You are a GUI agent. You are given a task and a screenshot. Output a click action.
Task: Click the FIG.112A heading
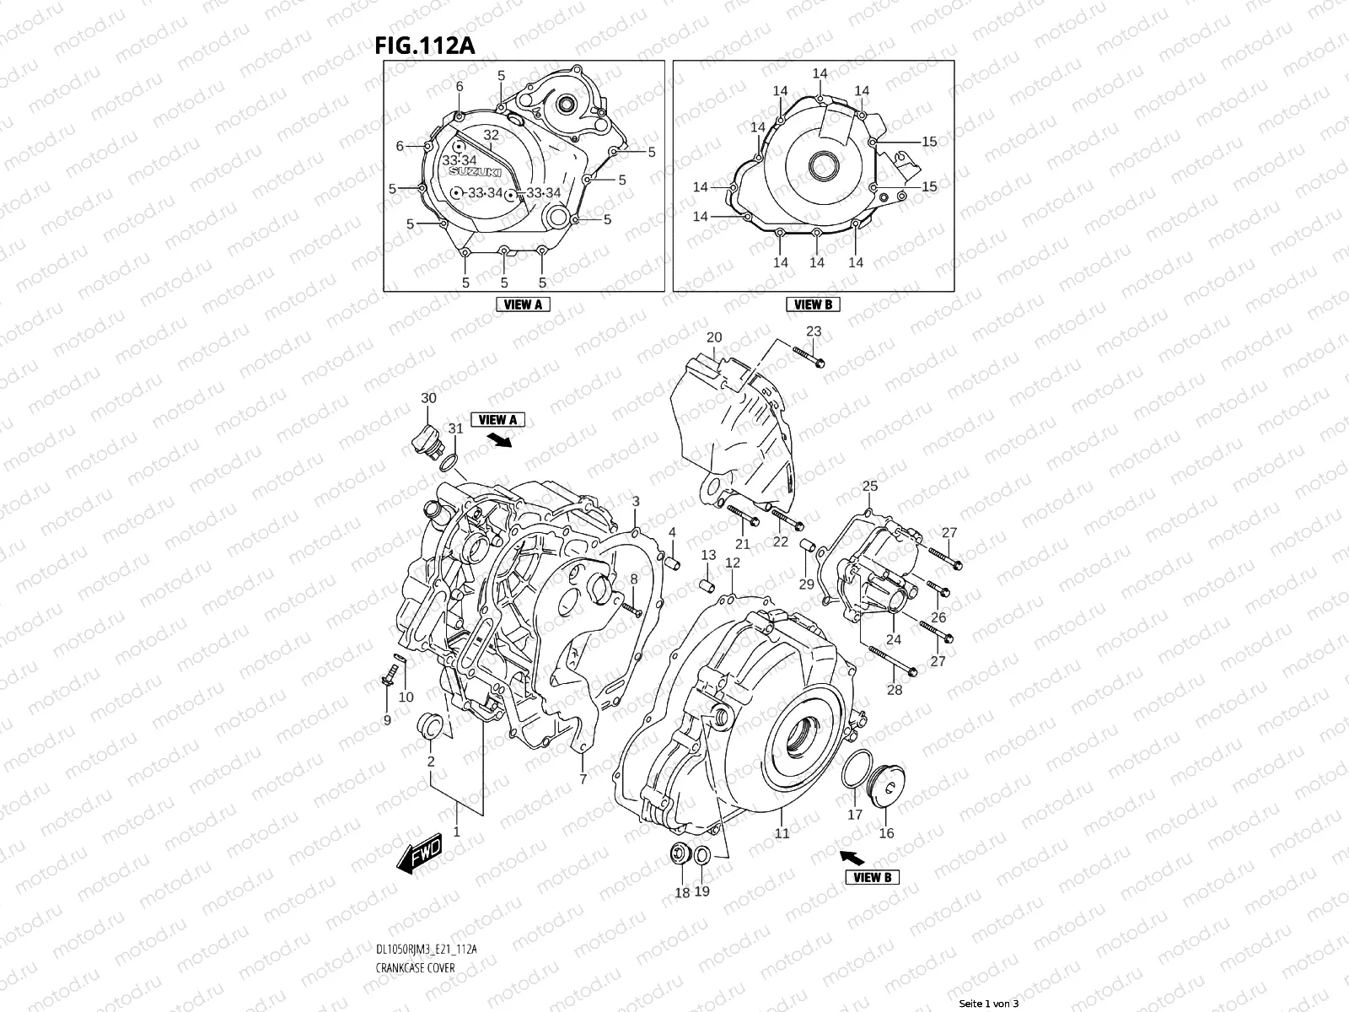pos(424,45)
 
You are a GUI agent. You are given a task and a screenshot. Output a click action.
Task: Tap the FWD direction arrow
pos(421,859)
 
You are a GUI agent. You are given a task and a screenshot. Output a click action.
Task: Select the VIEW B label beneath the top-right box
pos(813,304)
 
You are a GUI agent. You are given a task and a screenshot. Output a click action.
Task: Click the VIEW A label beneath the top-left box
pos(523,304)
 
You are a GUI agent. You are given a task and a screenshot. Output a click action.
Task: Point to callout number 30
pos(428,397)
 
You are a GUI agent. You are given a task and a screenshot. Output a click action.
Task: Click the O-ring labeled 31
pos(449,461)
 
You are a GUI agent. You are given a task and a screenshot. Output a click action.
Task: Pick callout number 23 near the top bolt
pos(813,331)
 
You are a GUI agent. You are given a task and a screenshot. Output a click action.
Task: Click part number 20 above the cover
pos(714,337)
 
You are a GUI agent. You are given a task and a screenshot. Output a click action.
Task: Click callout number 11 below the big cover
pos(782,833)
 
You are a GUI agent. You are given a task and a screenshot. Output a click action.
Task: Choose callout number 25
pos(870,486)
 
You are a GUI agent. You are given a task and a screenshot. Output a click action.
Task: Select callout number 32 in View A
pos(491,135)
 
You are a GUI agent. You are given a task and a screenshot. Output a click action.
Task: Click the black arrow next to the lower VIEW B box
pos(854,858)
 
